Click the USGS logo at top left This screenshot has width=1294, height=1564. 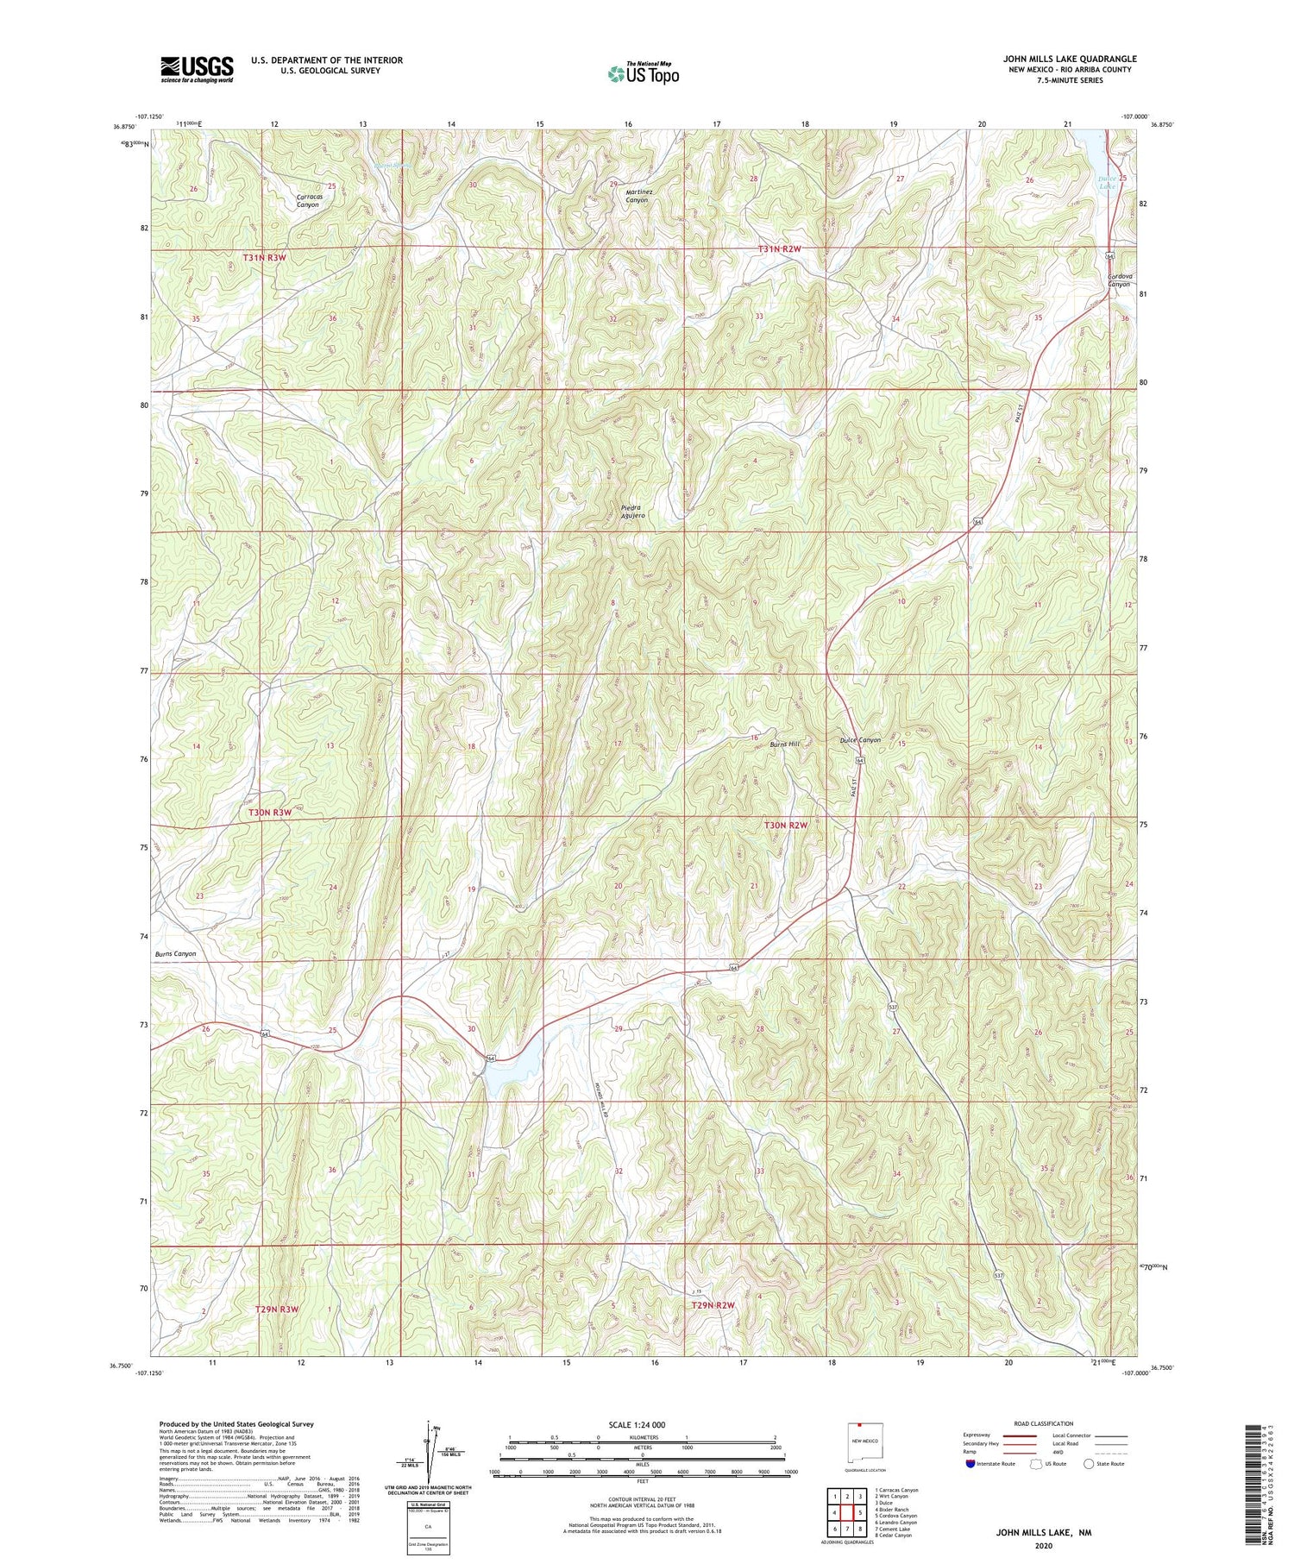(197, 69)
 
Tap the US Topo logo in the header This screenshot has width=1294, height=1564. (643, 74)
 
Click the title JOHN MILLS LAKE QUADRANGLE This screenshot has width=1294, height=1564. (1069, 59)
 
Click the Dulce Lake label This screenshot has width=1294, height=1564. (1107, 183)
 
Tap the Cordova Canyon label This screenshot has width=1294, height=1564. (1119, 280)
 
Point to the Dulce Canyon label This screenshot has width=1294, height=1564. (860, 740)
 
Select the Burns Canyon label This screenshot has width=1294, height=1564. (176, 954)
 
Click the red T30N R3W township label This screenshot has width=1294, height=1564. (271, 813)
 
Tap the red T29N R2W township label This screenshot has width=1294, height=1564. (713, 1305)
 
